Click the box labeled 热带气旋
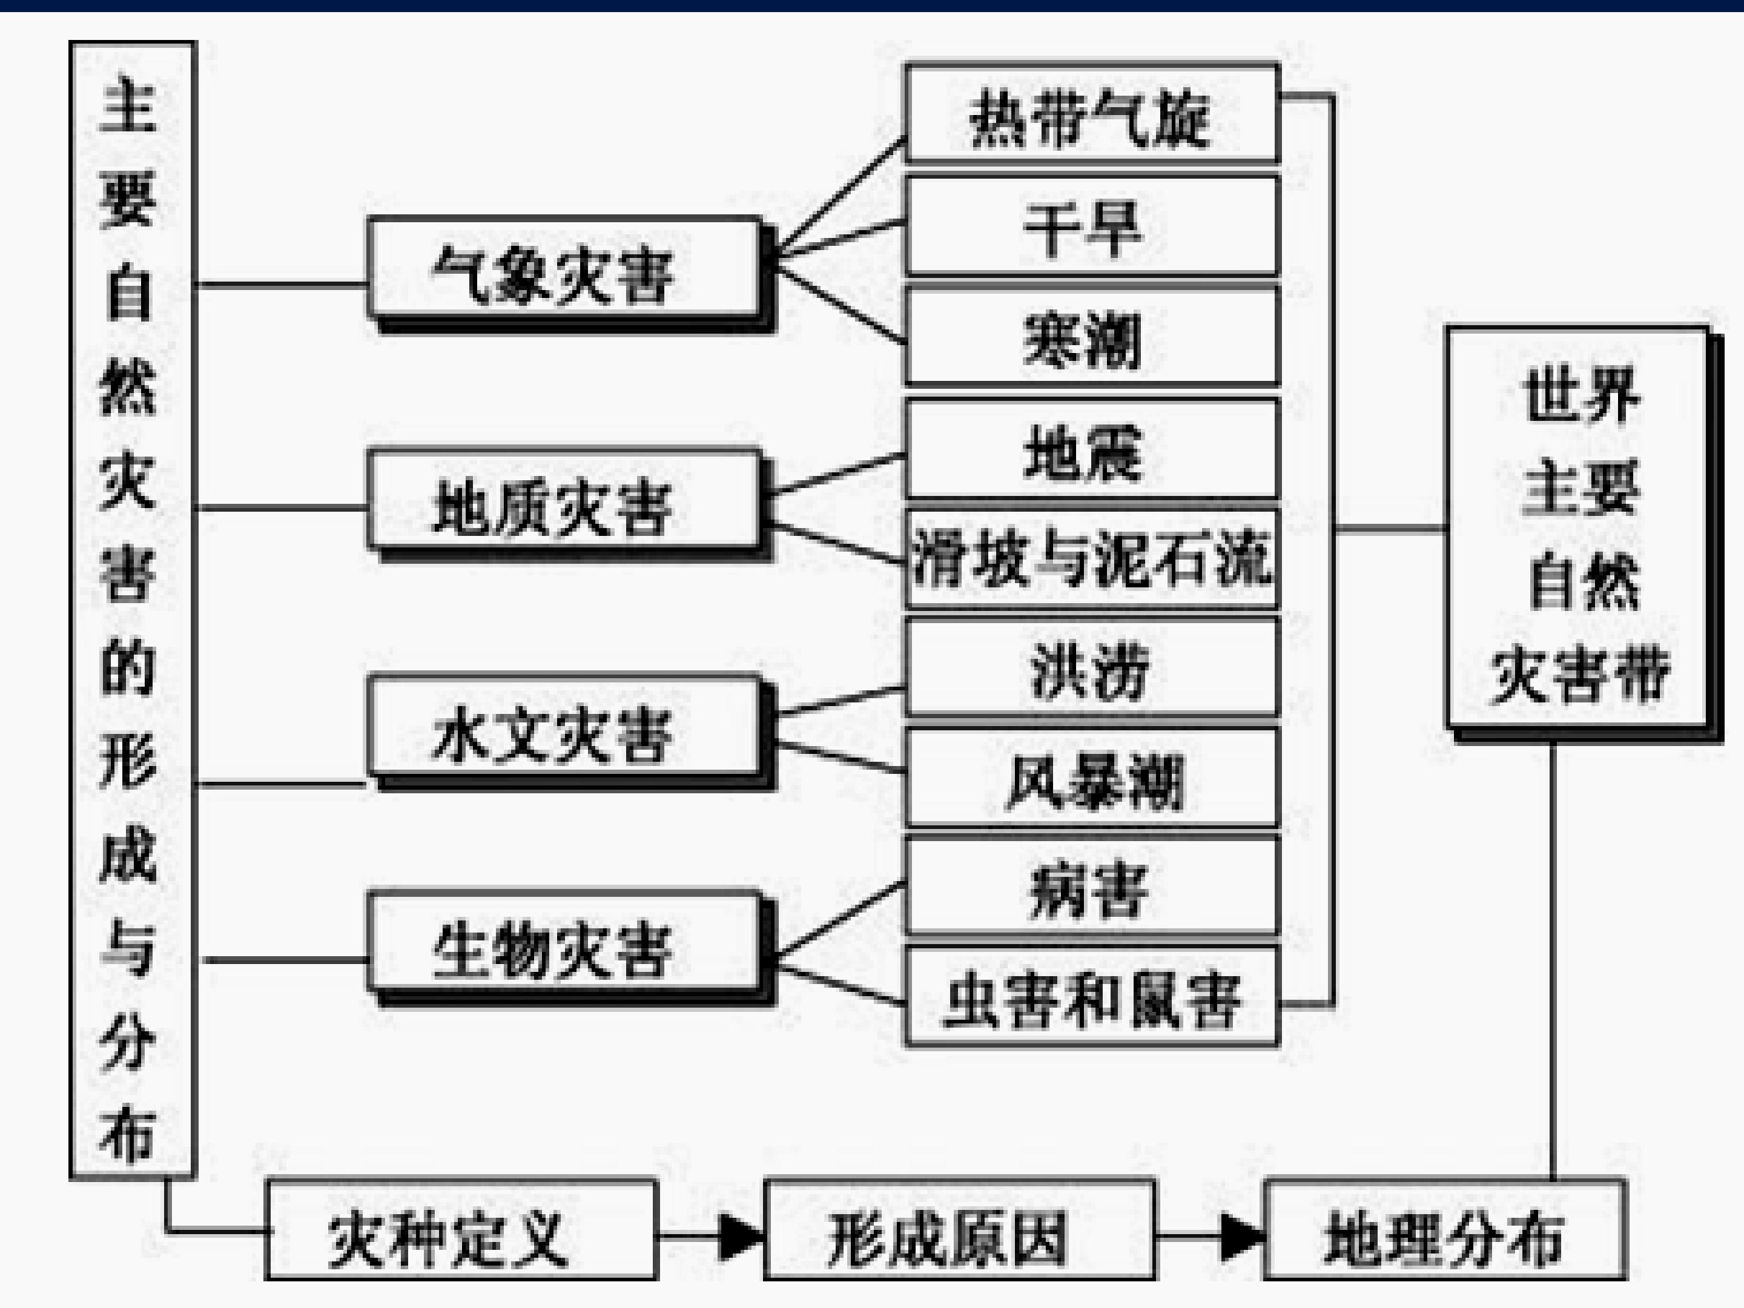coord(1092,114)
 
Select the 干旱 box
coord(1092,226)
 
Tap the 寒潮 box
coord(1092,337)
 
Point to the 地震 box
coord(1092,449)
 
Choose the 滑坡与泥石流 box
coord(1092,559)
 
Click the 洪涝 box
coord(1092,669)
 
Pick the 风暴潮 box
coord(1092,779)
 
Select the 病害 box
coord(1092,888)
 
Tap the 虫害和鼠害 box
coord(1092,998)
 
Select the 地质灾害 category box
coord(564,501)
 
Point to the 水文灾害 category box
coord(564,729)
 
